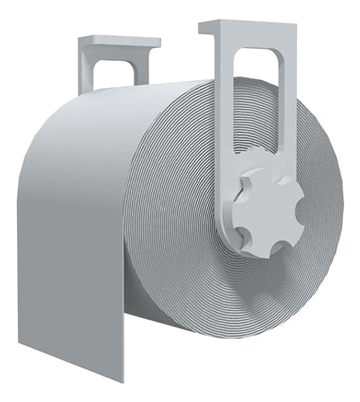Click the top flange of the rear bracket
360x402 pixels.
[x=120, y=42]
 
